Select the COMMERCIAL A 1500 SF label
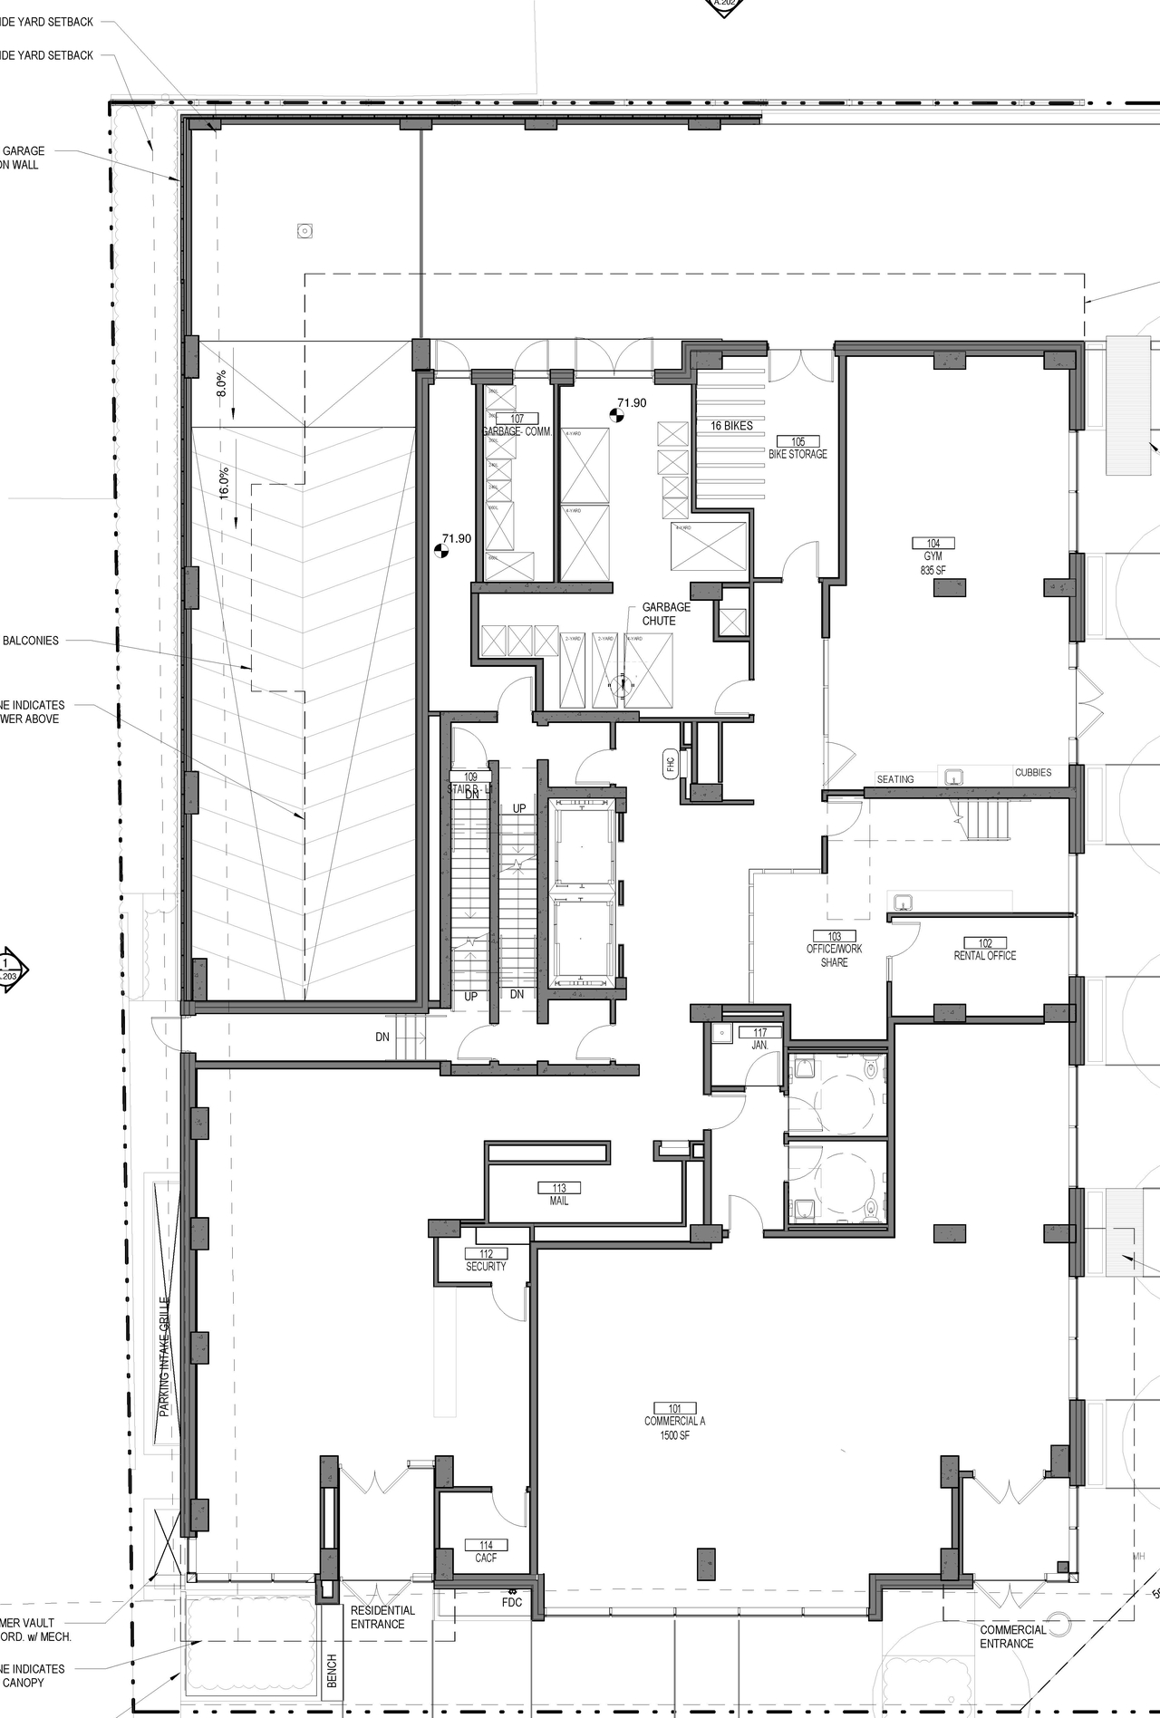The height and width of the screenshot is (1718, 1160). [x=674, y=1422]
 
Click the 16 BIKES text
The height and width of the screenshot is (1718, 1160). [x=731, y=426]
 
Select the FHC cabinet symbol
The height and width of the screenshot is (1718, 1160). [x=671, y=763]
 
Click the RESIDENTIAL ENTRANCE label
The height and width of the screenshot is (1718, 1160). [x=382, y=1617]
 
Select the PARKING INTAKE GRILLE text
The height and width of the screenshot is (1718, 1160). [x=165, y=1356]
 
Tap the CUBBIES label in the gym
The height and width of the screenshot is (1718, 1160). [x=1033, y=773]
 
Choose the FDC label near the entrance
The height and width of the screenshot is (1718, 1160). [x=512, y=1602]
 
